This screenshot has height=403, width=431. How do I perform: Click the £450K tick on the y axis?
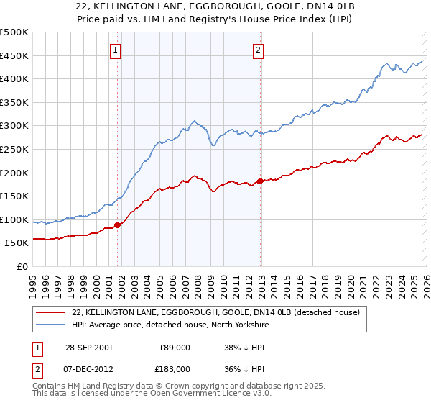click(x=14, y=55)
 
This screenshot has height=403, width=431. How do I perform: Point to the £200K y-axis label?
click(x=14, y=173)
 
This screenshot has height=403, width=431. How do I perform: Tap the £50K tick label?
click(x=17, y=243)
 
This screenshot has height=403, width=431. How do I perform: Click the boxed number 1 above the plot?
click(x=116, y=50)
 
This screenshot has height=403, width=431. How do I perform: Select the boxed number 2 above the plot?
click(x=258, y=50)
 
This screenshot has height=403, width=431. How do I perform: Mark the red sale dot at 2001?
click(x=118, y=225)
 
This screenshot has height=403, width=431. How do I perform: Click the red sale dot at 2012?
click(x=260, y=181)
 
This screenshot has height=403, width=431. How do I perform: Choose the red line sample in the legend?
click(x=52, y=312)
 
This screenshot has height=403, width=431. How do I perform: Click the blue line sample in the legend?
click(x=52, y=325)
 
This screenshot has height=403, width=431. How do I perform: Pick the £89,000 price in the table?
click(x=175, y=348)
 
